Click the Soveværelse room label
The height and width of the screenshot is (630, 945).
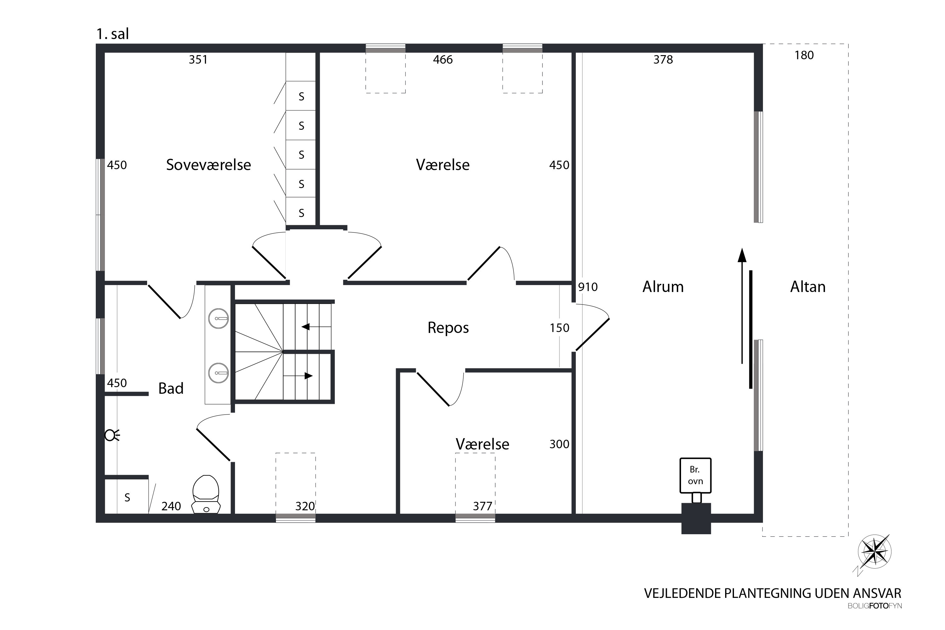[209, 165]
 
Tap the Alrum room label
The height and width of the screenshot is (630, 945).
[663, 287]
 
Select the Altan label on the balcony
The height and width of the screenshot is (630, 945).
[808, 287]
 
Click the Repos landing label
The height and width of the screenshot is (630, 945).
[448, 328]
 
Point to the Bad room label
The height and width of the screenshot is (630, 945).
[171, 388]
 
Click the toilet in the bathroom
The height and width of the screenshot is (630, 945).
[206, 494]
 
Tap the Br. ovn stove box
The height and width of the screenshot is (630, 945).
[696, 475]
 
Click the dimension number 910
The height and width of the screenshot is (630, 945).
[588, 287]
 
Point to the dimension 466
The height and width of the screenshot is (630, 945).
[443, 60]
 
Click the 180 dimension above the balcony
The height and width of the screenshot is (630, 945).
[804, 55]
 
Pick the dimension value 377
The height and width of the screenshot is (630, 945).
[483, 506]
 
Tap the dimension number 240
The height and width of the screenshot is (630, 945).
[171, 506]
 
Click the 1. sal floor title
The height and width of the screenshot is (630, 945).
[112, 34]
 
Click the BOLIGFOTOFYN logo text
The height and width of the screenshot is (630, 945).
[875, 606]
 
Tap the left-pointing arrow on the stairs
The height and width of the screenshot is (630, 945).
[316, 327]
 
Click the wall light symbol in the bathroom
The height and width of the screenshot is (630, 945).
[112, 435]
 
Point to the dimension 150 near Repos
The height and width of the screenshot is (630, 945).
[559, 328]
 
